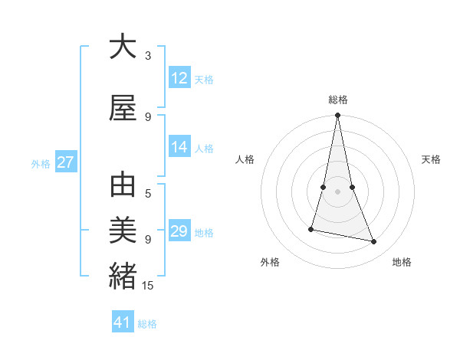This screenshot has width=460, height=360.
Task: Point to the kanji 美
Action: (x=123, y=230)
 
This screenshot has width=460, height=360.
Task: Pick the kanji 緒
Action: (x=123, y=275)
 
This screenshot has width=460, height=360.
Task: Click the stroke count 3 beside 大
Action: (x=148, y=56)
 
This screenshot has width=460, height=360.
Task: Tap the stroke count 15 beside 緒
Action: (x=149, y=286)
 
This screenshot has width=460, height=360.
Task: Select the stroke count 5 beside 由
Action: (x=148, y=194)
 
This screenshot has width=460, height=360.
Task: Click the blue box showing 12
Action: (x=179, y=78)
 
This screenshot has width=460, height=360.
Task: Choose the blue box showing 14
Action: (x=179, y=148)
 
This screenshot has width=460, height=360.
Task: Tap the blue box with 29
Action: (x=179, y=231)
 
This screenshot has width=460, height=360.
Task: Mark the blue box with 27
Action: (x=66, y=162)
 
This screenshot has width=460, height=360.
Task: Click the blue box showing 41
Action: (x=123, y=322)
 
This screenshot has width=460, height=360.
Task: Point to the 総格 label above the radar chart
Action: (x=338, y=100)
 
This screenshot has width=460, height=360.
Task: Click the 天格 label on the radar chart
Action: (x=431, y=159)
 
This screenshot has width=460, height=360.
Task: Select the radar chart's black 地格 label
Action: (x=402, y=262)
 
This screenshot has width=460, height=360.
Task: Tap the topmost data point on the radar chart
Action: (x=337, y=116)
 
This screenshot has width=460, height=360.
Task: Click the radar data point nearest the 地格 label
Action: (x=374, y=242)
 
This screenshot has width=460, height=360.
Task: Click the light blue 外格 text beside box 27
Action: (x=41, y=163)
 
